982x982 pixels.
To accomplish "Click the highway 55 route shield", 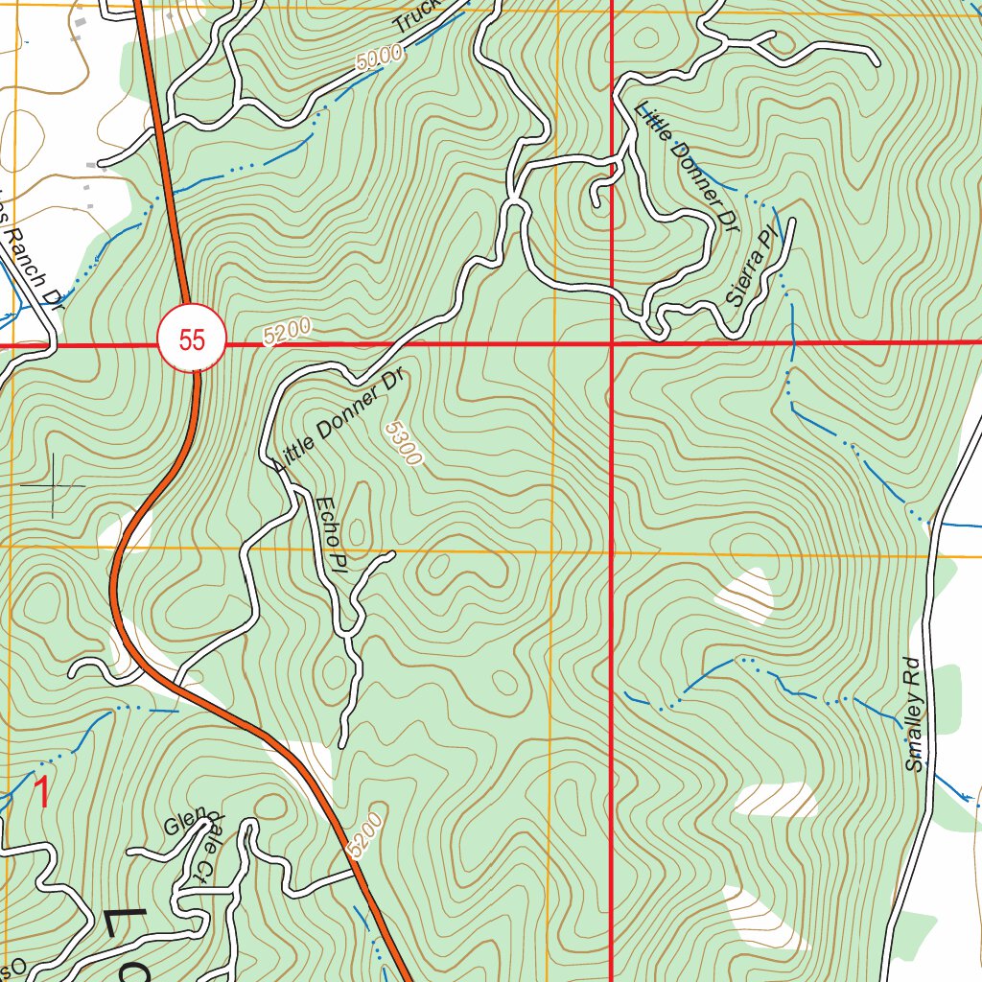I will pyautogui.click(x=192, y=339).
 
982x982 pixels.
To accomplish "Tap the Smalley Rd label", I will pyautogui.click(x=916, y=714).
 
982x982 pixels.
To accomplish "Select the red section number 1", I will pyautogui.click(x=41, y=792).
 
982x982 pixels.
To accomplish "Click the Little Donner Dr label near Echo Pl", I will pyautogui.click(x=340, y=421).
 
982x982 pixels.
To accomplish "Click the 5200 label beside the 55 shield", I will pyautogui.click(x=287, y=332).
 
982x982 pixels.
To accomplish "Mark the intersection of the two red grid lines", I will pyautogui.click(x=612, y=342).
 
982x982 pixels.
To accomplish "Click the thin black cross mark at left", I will pyautogui.click(x=54, y=485).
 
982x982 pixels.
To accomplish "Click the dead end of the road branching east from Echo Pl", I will pyautogui.click(x=392, y=553).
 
